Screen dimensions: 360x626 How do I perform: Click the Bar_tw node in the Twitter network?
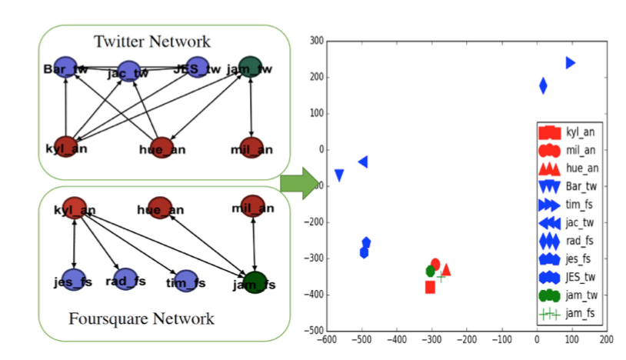click(x=65, y=67)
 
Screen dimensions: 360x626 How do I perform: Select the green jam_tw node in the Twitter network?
click(x=251, y=66)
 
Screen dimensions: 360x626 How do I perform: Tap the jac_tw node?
click(x=128, y=72)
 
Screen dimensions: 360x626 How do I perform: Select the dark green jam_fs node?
click(x=255, y=282)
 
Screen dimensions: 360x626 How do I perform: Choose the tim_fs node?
click(x=185, y=281)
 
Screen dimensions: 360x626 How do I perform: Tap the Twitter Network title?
click(x=152, y=40)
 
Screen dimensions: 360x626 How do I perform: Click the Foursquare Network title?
click(x=142, y=318)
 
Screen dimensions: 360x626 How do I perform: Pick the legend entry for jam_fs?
click(x=565, y=313)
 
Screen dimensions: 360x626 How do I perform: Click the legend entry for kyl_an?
click(x=565, y=132)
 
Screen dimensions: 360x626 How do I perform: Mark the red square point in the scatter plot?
click(x=430, y=287)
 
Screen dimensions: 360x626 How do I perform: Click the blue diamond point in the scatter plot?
click(x=543, y=85)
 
